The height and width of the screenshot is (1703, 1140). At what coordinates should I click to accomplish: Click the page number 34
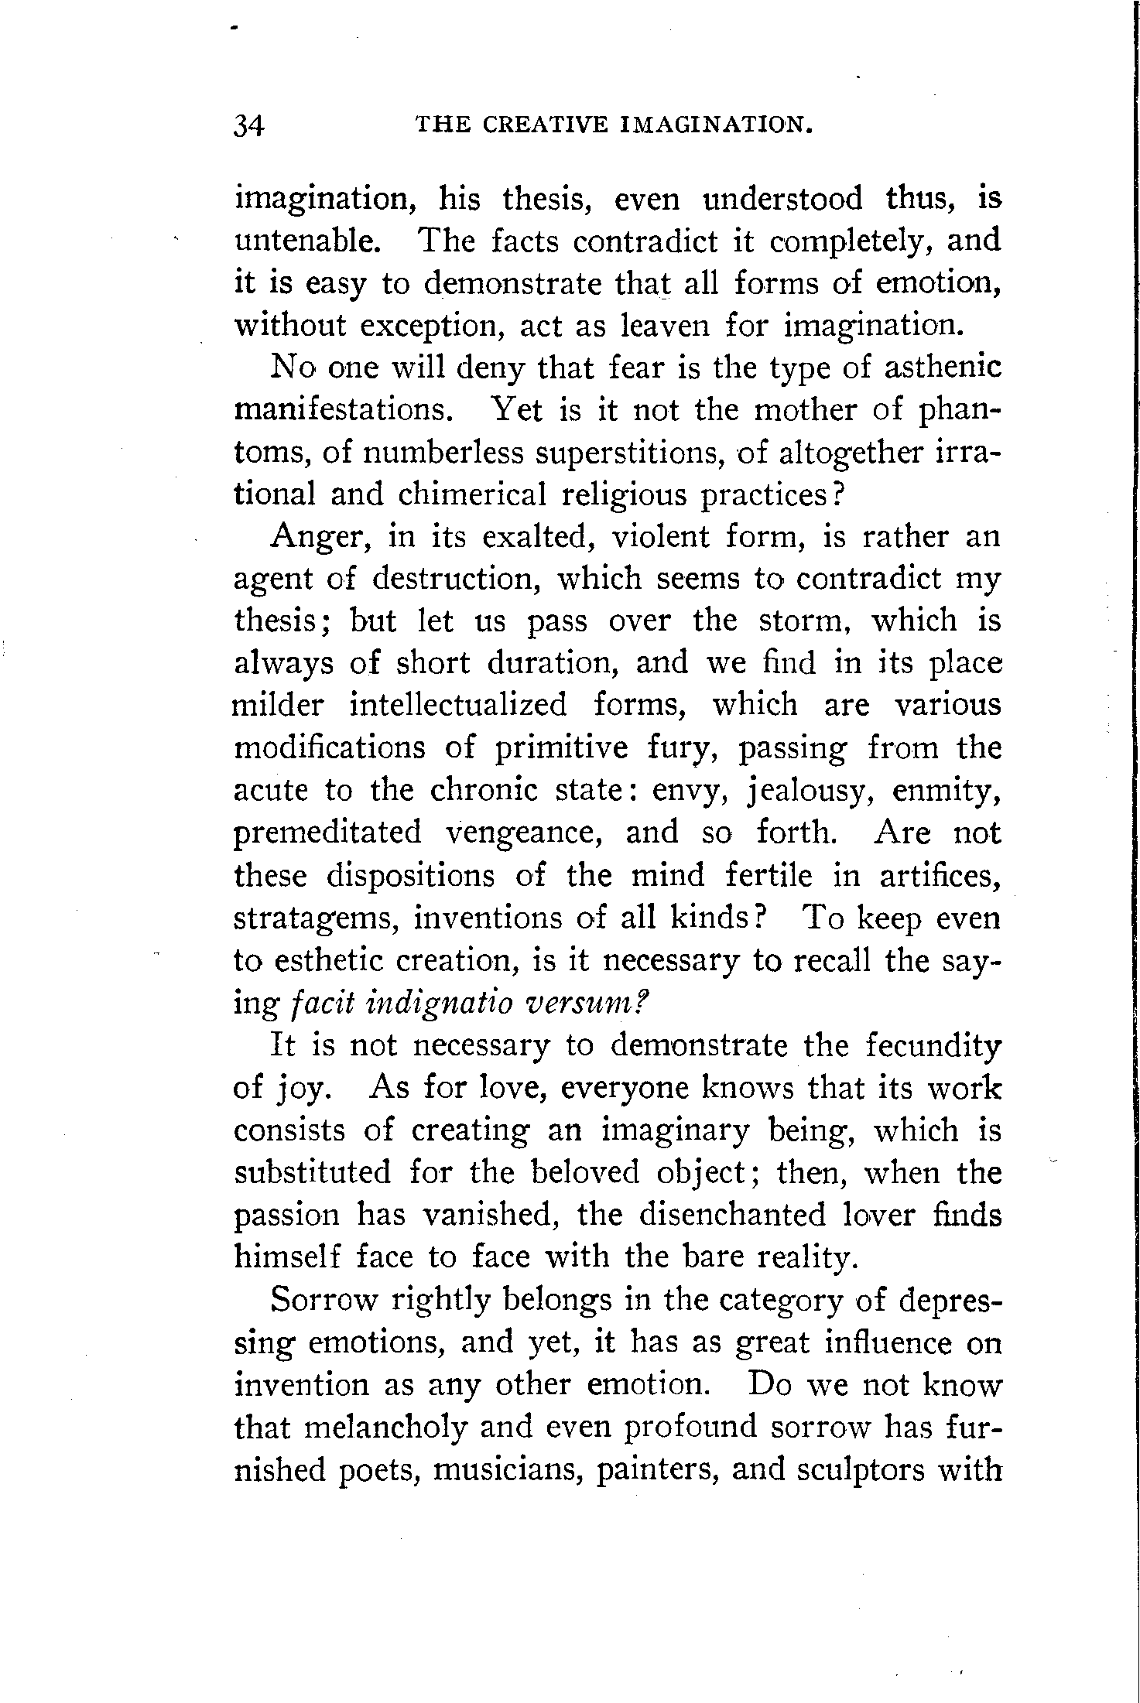point(249,125)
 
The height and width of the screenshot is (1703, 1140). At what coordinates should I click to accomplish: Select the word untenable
point(307,241)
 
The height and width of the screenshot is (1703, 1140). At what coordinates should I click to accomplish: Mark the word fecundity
point(933,1046)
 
